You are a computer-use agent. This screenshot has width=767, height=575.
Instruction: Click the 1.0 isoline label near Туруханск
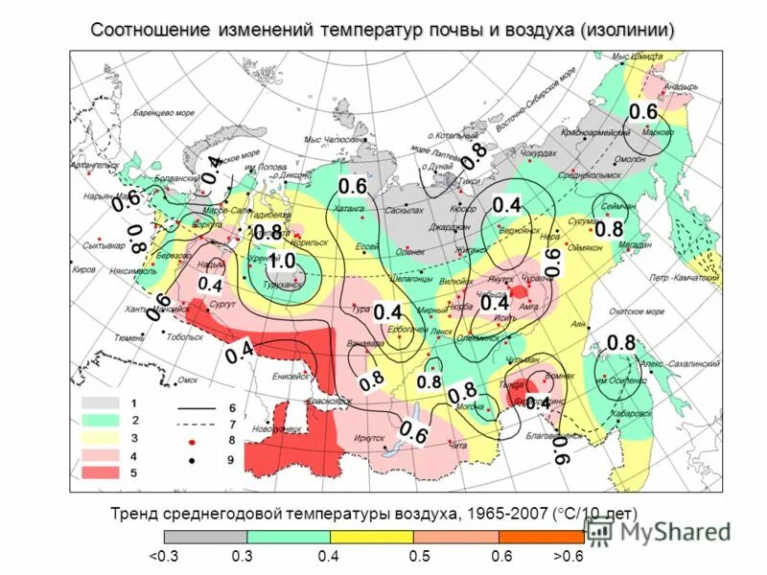pos(282,261)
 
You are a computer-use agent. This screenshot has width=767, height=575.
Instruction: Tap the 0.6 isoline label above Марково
pos(642,112)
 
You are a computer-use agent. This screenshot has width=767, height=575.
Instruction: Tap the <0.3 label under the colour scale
pos(163,556)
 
